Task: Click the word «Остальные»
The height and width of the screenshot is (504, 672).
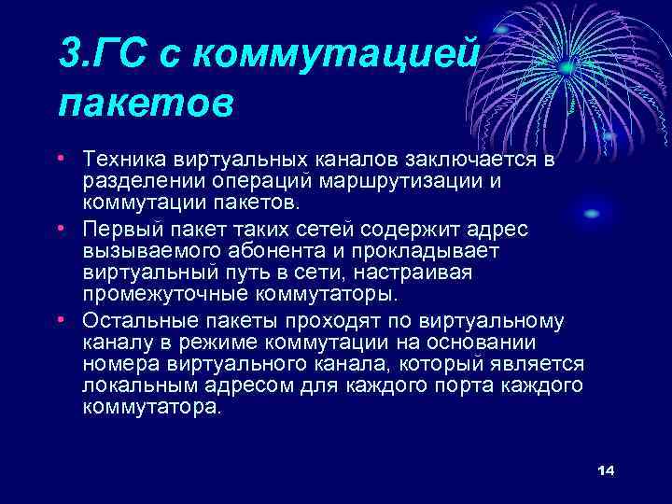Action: pyautogui.click(x=133, y=321)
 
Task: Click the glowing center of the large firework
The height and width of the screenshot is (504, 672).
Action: pyautogui.click(x=567, y=67)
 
